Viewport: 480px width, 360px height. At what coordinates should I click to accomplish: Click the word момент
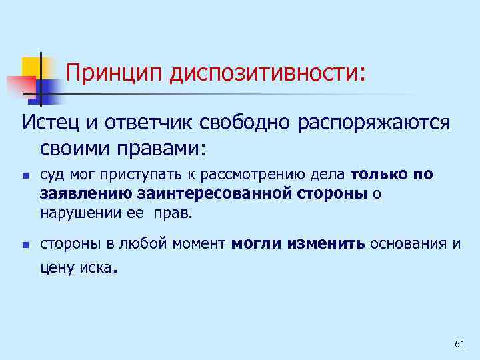[198, 243]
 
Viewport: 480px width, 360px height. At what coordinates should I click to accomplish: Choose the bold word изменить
[326, 243]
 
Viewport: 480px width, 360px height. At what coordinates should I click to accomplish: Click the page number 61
[459, 343]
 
